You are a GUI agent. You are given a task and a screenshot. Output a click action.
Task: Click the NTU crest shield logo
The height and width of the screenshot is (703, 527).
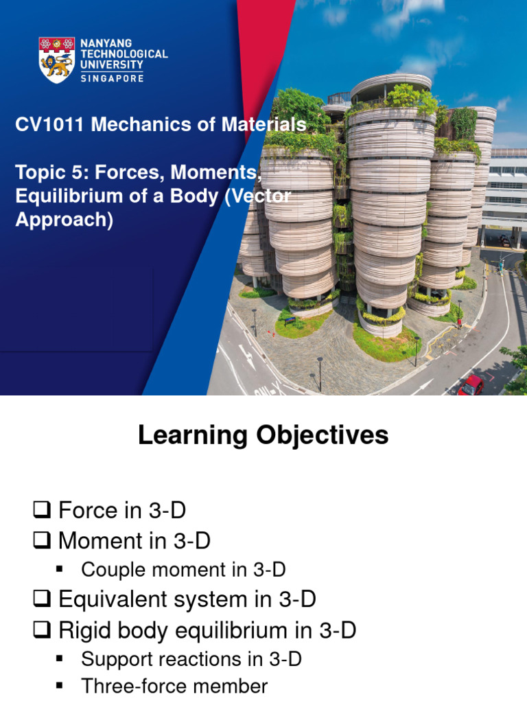(57, 60)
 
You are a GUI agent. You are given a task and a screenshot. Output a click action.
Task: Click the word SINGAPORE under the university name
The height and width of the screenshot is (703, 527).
(112, 78)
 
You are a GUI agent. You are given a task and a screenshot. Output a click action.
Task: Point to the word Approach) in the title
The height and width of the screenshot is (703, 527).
(64, 221)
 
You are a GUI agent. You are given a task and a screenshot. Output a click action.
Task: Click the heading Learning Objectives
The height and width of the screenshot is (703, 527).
(263, 435)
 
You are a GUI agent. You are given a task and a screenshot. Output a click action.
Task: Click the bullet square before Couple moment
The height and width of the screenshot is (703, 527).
(59, 569)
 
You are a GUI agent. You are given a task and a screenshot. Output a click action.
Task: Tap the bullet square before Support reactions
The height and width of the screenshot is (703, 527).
(59, 659)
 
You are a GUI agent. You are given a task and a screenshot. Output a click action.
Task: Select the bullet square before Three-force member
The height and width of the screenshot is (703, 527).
(59, 685)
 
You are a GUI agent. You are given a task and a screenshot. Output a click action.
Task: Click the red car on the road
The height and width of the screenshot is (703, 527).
(470, 385)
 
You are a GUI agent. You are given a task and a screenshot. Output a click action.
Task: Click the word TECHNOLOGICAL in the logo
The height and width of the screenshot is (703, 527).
(124, 54)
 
